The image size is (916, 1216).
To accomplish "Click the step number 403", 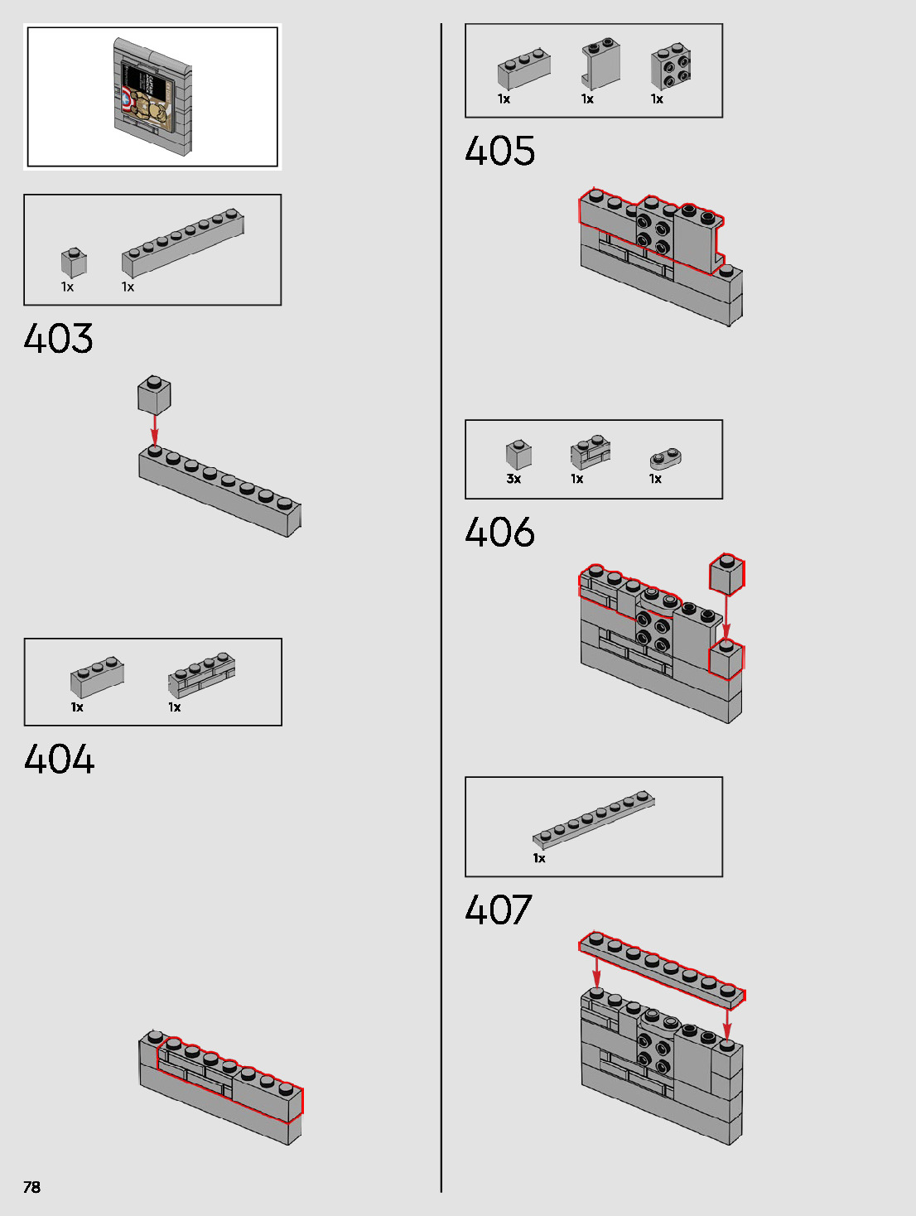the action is click(x=59, y=338).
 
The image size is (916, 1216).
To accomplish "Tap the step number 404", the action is click(x=60, y=759).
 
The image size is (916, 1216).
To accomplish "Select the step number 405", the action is click(x=500, y=151).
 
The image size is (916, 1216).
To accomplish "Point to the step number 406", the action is click(x=500, y=532).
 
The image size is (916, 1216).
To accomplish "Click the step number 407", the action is click(x=499, y=910).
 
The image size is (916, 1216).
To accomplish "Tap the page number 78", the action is click(x=31, y=1187).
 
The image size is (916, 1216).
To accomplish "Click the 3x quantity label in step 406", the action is click(x=513, y=479).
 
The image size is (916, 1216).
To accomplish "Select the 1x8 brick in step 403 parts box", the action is click(x=183, y=242).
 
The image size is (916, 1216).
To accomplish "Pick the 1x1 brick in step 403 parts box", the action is click(x=74, y=263).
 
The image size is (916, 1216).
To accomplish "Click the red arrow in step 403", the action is click(x=154, y=429).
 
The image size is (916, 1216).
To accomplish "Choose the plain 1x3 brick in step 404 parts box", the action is click(x=97, y=677).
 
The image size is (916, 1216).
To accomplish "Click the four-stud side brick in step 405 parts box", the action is click(x=672, y=66).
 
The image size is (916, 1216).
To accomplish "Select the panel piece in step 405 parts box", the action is click(x=601, y=63).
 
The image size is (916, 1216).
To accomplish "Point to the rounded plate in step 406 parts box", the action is click(x=665, y=458).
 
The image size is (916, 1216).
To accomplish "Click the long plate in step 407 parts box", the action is click(x=593, y=819).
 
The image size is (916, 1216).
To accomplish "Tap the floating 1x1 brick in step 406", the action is click(x=727, y=574).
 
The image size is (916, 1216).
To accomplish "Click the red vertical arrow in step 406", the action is click(x=726, y=617).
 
